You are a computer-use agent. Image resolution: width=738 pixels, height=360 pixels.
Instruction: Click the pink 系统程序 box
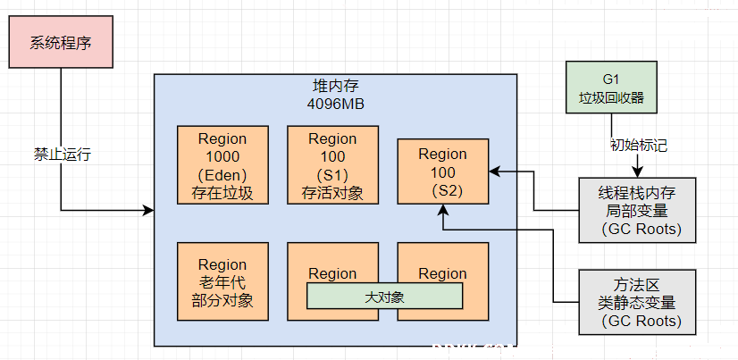click(61, 42)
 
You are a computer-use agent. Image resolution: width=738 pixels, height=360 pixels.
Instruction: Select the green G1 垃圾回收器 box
click(611, 87)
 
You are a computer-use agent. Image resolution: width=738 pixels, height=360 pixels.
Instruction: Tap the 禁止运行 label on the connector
click(63, 155)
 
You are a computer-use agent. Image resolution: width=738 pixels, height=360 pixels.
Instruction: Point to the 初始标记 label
click(639, 145)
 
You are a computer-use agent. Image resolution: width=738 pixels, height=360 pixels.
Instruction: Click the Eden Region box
click(222, 164)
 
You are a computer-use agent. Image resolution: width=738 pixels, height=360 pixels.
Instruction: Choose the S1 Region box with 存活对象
click(332, 164)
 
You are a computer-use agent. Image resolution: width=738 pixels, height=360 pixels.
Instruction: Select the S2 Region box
click(443, 172)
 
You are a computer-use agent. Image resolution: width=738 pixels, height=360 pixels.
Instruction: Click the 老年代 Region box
click(222, 281)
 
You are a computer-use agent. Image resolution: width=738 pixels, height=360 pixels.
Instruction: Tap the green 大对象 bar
click(384, 296)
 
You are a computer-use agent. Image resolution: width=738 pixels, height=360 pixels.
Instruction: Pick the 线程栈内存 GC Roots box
click(637, 210)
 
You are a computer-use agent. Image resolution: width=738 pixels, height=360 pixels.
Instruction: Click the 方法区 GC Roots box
click(637, 302)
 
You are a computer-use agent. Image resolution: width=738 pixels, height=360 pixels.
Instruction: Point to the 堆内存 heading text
click(336, 86)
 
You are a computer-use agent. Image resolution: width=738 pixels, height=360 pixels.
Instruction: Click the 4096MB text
click(336, 104)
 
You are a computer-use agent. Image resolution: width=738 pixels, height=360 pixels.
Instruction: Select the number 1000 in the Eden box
click(222, 156)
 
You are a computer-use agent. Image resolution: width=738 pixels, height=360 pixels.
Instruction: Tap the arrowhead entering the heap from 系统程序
click(148, 210)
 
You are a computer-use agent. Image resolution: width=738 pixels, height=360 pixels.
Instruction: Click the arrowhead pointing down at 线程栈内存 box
click(638, 172)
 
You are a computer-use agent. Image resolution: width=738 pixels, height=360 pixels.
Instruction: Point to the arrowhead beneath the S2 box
click(443, 210)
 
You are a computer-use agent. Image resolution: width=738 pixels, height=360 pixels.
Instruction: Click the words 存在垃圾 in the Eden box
click(222, 194)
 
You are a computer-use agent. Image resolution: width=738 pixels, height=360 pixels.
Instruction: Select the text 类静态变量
click(637, 302)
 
